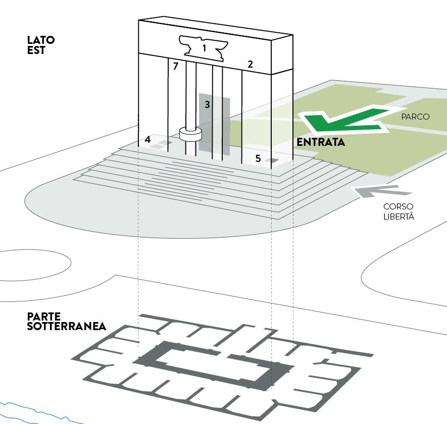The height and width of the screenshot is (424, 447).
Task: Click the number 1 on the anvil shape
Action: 204,48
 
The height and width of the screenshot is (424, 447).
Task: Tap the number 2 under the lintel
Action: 250,64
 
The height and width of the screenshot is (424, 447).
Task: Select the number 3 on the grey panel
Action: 207,104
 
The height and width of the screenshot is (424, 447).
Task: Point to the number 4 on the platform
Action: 147,139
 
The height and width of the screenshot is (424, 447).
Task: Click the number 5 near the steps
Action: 258,158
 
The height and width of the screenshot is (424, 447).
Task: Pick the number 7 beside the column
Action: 175,66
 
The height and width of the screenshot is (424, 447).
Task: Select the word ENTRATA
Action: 321,142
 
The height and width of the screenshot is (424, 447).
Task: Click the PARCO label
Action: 415,117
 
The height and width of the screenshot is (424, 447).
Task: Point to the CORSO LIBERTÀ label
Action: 398,211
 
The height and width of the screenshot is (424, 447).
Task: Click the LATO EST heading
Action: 41,45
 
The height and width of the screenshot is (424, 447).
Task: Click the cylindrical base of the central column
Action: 190,135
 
